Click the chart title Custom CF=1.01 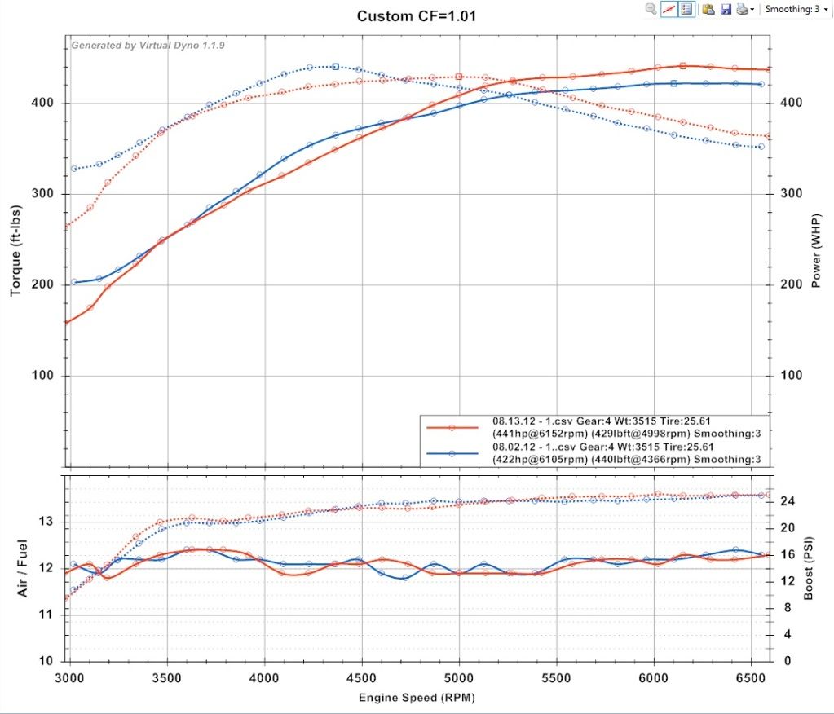(416, 15)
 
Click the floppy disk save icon (725, 9)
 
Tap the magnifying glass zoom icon (651, 9)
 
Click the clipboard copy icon (708, 9)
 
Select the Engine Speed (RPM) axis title (417, 699)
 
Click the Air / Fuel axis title (24, 567)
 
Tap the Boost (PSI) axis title (810, 568)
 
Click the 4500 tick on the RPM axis (361, 678)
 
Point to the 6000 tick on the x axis (653, 678)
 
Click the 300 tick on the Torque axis (45, 194)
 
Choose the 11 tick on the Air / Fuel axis (46, 615)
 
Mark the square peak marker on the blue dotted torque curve (336, 67)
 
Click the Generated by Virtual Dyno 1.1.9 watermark (148, 46)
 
